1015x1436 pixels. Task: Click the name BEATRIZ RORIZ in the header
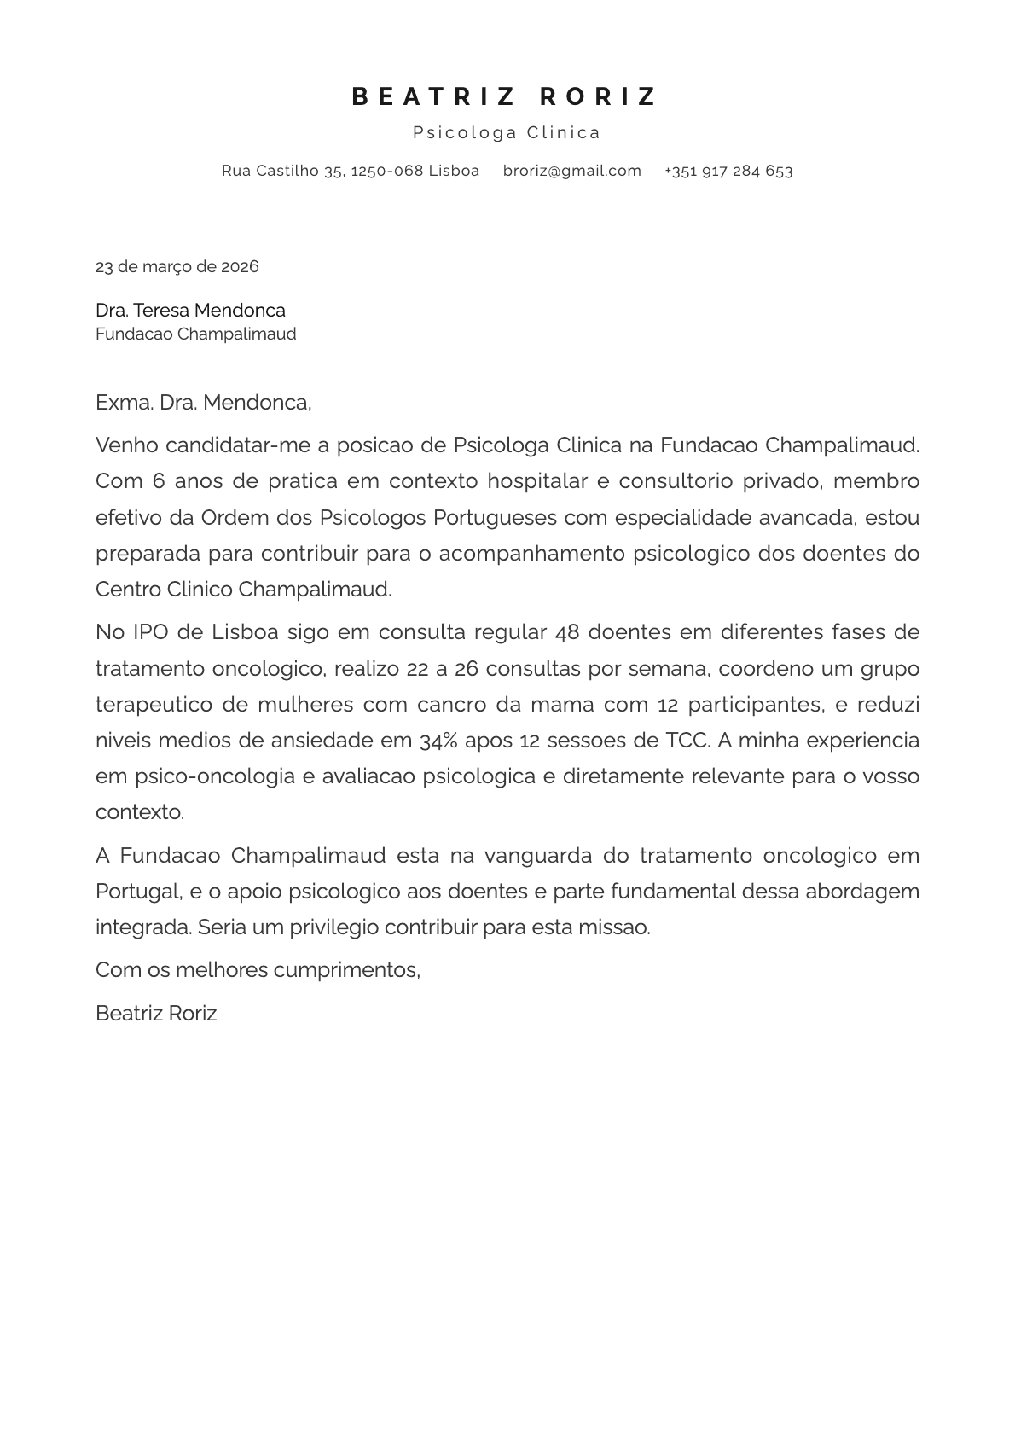tap(506, 96)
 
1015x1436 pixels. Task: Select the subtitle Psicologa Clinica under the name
tap(507, 132)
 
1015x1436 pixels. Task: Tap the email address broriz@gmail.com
tap(571, 171)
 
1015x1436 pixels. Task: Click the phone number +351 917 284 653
tap(728, 171)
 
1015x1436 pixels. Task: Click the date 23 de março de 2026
tap(177, 266)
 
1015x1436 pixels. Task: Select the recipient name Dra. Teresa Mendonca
tap(190, 310)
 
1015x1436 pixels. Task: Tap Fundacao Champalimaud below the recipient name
tap(195, 334)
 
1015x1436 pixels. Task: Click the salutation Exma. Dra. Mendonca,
tap(203, 402)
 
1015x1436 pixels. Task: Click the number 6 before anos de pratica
tap(159, 480)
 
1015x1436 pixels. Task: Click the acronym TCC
tap(687, 740)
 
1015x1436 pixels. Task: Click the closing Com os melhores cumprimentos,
tap(258, 969)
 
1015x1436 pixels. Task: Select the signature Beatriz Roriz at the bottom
tap(156, 1013)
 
